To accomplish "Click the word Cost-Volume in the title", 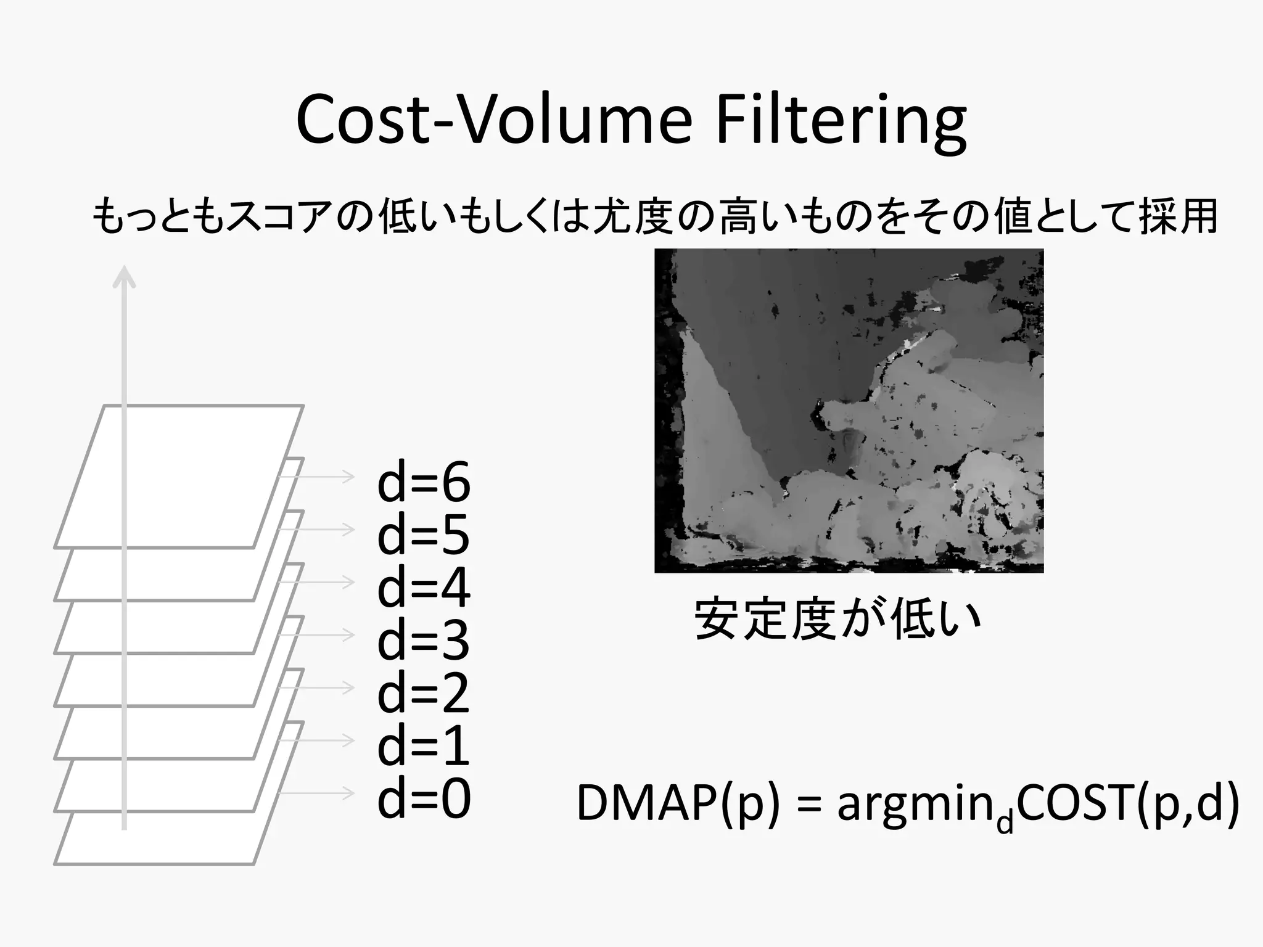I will [494, 120].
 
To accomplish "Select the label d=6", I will [424, 482].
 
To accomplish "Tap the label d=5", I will [424, 535].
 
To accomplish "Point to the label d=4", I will [424, 588].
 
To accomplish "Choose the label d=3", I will [424, 641].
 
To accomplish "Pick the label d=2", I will [424, 694].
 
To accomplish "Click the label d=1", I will [424, 746].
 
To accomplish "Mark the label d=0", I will [424, 799].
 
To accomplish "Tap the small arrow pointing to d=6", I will [318, 477].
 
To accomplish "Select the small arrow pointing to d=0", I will [318, 793].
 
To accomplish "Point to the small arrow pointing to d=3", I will [318, 634].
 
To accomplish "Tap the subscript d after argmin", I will [1005, 822].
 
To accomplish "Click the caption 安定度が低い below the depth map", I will [837, 619].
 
